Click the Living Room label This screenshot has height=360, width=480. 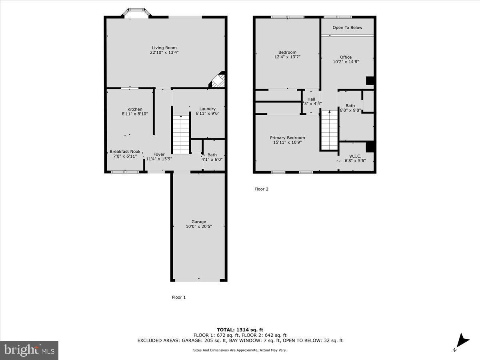point(164,48)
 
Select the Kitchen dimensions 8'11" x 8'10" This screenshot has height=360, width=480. point(135,114)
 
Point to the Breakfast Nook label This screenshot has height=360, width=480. point(125,152)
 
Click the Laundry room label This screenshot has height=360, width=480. point(207,109)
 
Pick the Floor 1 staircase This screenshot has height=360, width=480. point(181,134)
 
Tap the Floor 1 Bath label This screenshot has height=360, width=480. point(212,155)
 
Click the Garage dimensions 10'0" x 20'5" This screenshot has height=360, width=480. point(199,226)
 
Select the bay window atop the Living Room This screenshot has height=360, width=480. point(136,13)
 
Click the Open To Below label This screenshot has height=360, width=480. point(347,28)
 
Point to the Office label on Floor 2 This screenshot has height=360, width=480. point(346,57)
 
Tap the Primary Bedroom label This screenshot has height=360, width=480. point(287,138)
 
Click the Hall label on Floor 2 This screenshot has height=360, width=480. point(311,99)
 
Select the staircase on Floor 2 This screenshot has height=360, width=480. point(330,130)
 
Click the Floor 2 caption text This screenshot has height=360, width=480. point(261,189)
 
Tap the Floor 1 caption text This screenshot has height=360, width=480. point(179,297)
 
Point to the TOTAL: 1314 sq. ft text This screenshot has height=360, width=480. point(240,330)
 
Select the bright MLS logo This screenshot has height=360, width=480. point(29,350)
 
